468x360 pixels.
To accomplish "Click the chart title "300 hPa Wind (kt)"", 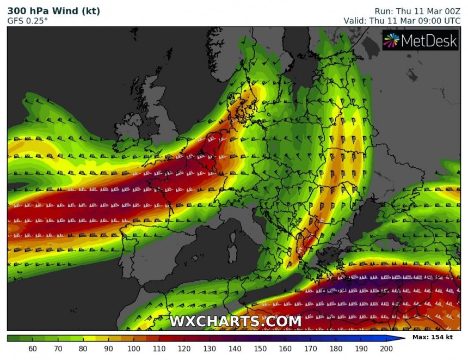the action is click(53, 11).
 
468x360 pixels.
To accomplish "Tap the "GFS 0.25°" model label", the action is click(27, 21).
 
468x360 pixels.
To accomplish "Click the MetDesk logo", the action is click(420, 40).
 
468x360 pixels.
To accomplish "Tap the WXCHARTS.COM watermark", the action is click(235, 321).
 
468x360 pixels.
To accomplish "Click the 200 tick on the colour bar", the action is click(386, 348).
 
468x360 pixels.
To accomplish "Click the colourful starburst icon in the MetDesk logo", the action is click(392, 40).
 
